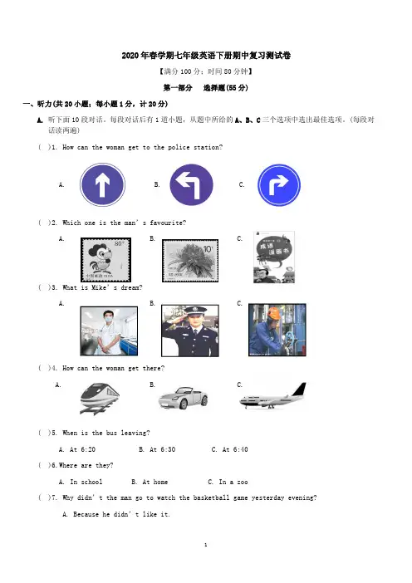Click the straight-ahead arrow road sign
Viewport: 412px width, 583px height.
102,184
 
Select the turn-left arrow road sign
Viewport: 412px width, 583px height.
191,185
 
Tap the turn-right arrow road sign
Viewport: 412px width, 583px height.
279,185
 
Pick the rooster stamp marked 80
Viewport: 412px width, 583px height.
106,259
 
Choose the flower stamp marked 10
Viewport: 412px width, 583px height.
190,261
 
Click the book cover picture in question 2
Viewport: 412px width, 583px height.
274,257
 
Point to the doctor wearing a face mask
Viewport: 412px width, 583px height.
109,331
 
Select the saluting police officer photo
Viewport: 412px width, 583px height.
190,331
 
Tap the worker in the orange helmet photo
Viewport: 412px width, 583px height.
277,330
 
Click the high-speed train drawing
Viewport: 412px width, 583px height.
100,398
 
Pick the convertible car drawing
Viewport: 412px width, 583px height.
184,398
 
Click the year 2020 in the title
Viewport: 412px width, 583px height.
130,56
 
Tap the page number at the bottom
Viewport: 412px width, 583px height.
206,545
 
